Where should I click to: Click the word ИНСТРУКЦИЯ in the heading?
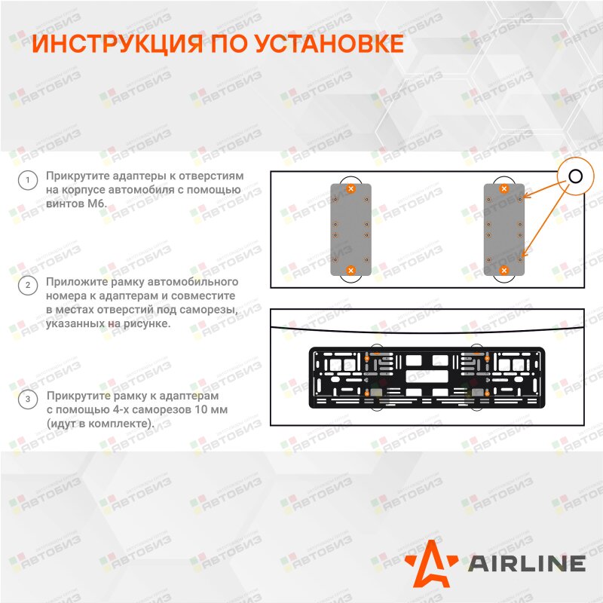[117, 43]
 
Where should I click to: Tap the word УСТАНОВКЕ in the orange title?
[329, 43]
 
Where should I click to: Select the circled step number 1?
[28, 180]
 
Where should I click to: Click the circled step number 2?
[28, 286]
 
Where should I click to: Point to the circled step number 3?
[28, 399]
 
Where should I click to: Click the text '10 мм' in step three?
[211, 409]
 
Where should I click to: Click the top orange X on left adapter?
[350, 188]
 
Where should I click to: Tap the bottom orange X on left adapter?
[350, 271]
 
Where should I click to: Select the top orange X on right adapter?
[504, 188]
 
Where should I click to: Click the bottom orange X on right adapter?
[504, 271]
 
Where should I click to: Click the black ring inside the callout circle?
[575, 176]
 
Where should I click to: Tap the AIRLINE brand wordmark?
[526, 564]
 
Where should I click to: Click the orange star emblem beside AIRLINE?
[431, 563]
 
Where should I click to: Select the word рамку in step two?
[127, 282]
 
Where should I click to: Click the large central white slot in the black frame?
[427, 376]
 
